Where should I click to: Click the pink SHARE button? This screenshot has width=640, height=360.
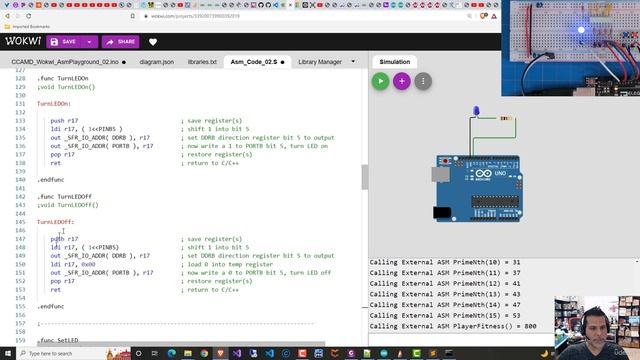(119, 42)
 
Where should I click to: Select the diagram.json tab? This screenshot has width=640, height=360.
(156, 62)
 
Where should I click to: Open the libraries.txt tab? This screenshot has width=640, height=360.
(201, 62)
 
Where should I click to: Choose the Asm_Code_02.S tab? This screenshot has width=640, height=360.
(254, 62)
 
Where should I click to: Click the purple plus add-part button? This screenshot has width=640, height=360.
(401, 81)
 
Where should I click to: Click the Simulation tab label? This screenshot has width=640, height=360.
(394, 62)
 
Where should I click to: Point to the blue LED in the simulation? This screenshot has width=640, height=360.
(478, 113)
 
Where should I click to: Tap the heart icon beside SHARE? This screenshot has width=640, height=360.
(153, 42)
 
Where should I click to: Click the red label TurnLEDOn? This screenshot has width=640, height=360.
(55, 103)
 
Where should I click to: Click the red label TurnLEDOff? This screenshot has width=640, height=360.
(56, 222)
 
